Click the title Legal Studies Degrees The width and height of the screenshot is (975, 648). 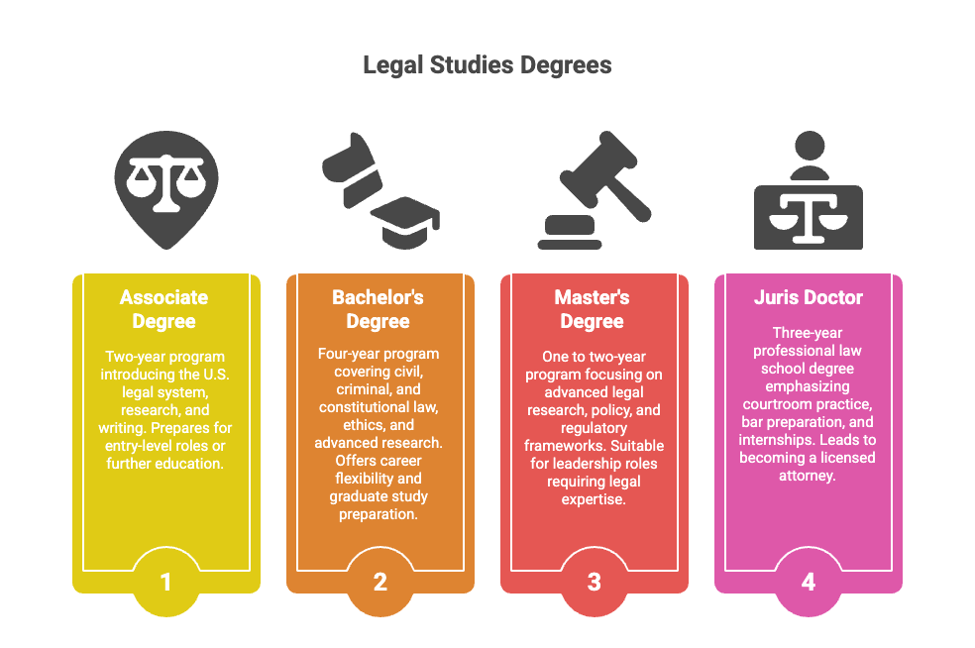(487, 66)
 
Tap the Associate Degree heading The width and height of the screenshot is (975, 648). (164, 309)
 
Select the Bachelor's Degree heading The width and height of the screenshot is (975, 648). (379, 309)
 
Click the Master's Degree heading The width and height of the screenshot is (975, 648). (594, 309)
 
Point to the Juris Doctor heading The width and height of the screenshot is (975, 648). (808, 297)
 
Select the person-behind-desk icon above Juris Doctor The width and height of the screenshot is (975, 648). (809, 193)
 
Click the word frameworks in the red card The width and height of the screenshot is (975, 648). (560, 446)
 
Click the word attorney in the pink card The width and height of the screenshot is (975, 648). (808, 476)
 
